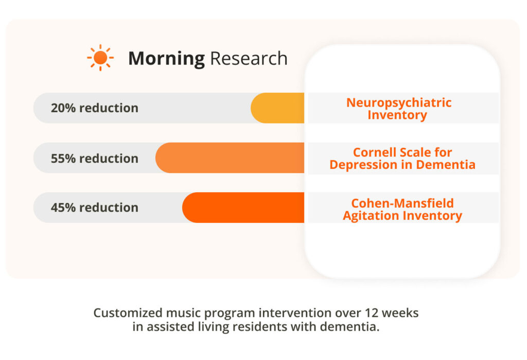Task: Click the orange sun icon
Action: click(x=100, y=58)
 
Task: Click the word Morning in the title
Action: click(x=166, y=59)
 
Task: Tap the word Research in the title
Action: click(x=249, y=58)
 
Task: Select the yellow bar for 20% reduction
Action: click(x=277, y=108)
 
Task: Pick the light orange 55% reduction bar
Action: click(x=230, y=158)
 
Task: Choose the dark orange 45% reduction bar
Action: click(x=243, y=208)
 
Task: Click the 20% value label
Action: click(x=63, y=108)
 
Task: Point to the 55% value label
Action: click(x=63, y=159)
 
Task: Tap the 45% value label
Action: click(x=63, y=208)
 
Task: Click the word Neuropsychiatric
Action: click(x=399, y=102)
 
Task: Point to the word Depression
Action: click(x=363, y=165)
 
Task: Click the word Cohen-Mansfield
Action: click(x=402, y=203)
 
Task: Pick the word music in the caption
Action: click(x=184, y=313)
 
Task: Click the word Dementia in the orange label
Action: click(x=446, y=164)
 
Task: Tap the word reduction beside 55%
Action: click(x=109, y=159)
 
